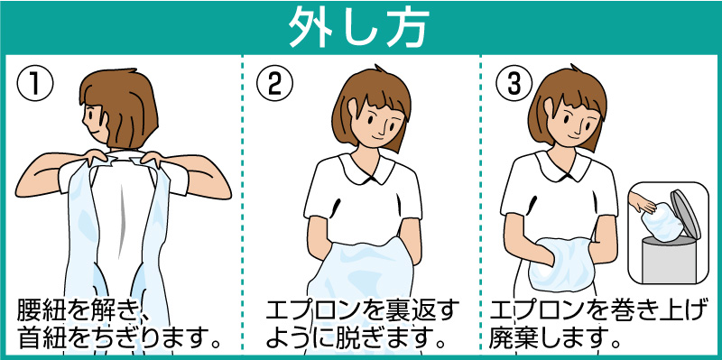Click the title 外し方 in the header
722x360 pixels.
click(358, 27)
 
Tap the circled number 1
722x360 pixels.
click(35, 84)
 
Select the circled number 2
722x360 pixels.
click(274, 84)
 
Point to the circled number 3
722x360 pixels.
click(514, 84)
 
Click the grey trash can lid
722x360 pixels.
click(685, 214)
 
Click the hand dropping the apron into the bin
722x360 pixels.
click(643, 202)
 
